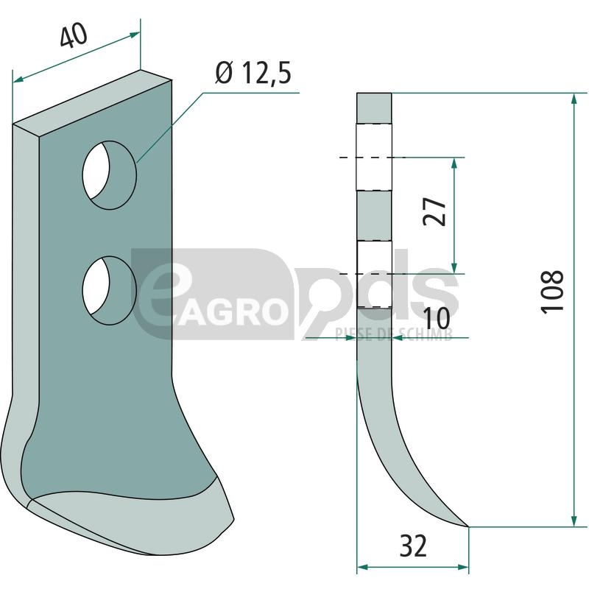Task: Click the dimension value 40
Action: coord(74,35)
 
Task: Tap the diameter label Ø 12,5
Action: coord(253,73)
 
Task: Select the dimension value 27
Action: coord(434,211)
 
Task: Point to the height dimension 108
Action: coord(551,290)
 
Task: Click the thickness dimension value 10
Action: coord(437,318)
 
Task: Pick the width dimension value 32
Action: coord(413,546)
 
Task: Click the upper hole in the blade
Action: coord(109,175)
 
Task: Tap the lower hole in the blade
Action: coord(109,290)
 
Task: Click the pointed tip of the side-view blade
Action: coord(468,526)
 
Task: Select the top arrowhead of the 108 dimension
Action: coord(574,99)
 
